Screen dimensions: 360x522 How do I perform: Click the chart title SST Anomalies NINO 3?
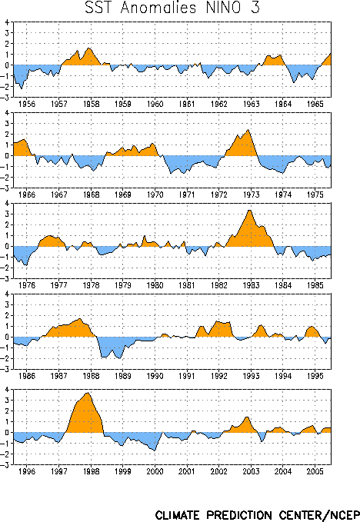172,8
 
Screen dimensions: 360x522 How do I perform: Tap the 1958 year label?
91,104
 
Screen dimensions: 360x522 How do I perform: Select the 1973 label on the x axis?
251,195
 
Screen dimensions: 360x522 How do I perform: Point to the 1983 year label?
251,285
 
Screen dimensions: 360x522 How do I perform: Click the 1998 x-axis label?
91,471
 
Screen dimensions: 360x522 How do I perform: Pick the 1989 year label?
123,376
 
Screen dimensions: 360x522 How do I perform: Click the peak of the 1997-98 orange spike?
88,393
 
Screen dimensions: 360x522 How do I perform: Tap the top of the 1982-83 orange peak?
249,210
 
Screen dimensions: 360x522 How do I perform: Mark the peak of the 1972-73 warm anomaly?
248,129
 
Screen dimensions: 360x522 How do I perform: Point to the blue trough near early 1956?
22,89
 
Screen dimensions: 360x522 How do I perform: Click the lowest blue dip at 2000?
155,451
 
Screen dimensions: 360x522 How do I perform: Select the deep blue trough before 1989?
119,358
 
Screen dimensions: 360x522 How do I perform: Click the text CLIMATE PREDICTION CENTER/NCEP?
258,514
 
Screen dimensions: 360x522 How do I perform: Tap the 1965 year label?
315,104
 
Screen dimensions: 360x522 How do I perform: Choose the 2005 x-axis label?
315,471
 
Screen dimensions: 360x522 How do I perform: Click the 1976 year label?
27,285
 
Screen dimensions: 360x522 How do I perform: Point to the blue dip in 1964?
294,82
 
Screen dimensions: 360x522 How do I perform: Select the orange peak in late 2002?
247,417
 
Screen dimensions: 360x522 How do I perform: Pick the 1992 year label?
218,376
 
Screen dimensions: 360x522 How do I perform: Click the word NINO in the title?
223,8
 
